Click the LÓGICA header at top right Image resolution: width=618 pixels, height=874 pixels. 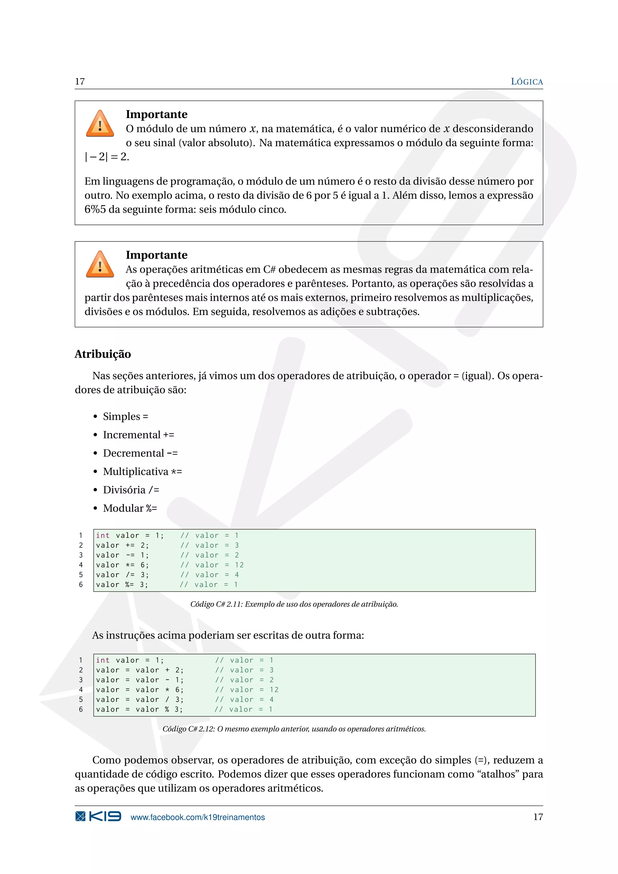tap(526, 81)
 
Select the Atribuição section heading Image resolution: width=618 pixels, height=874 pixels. tap(103, 354)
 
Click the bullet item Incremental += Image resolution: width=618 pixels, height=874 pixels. tap(139, 435)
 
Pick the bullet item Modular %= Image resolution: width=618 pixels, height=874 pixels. tap(130, 508)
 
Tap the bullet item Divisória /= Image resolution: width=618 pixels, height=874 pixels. tap(131, 490)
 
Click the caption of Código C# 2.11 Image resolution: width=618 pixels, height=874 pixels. tap(294, 604)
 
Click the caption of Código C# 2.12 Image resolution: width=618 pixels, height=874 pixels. tap(294, 729)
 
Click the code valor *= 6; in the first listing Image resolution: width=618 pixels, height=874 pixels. tap(123, 565)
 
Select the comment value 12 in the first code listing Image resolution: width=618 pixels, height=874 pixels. tap(239, 565)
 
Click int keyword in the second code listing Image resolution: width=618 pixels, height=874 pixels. tap(103, 660)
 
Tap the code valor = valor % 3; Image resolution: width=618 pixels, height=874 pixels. tap(139, 709)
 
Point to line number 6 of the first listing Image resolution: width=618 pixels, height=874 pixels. tap(81, 585)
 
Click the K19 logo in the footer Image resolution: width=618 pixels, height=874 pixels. tap(98, 817)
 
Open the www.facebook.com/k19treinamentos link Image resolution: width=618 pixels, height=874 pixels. tap(198, 817)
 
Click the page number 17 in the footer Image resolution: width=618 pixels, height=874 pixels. tap(538, 817)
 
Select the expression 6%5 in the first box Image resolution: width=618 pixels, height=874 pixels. tap(95, 209)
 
